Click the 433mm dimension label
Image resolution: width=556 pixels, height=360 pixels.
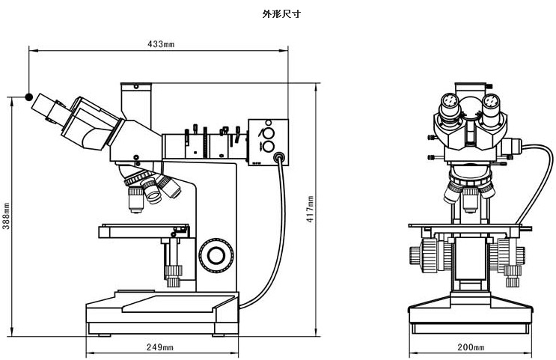pyautogui.click(x=160, y=45)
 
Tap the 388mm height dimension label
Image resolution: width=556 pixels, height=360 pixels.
pyautogui.click(x=6, y=216)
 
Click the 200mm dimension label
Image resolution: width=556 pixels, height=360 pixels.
pyautogui.click(x=471, y=347)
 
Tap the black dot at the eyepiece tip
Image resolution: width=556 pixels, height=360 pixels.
pyautogui.click(x=28, y=97)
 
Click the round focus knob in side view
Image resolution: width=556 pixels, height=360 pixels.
pyautogui.click(x=216, y=255)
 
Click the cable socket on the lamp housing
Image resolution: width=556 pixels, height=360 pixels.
pyautogui.click(x=279, y=158)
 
